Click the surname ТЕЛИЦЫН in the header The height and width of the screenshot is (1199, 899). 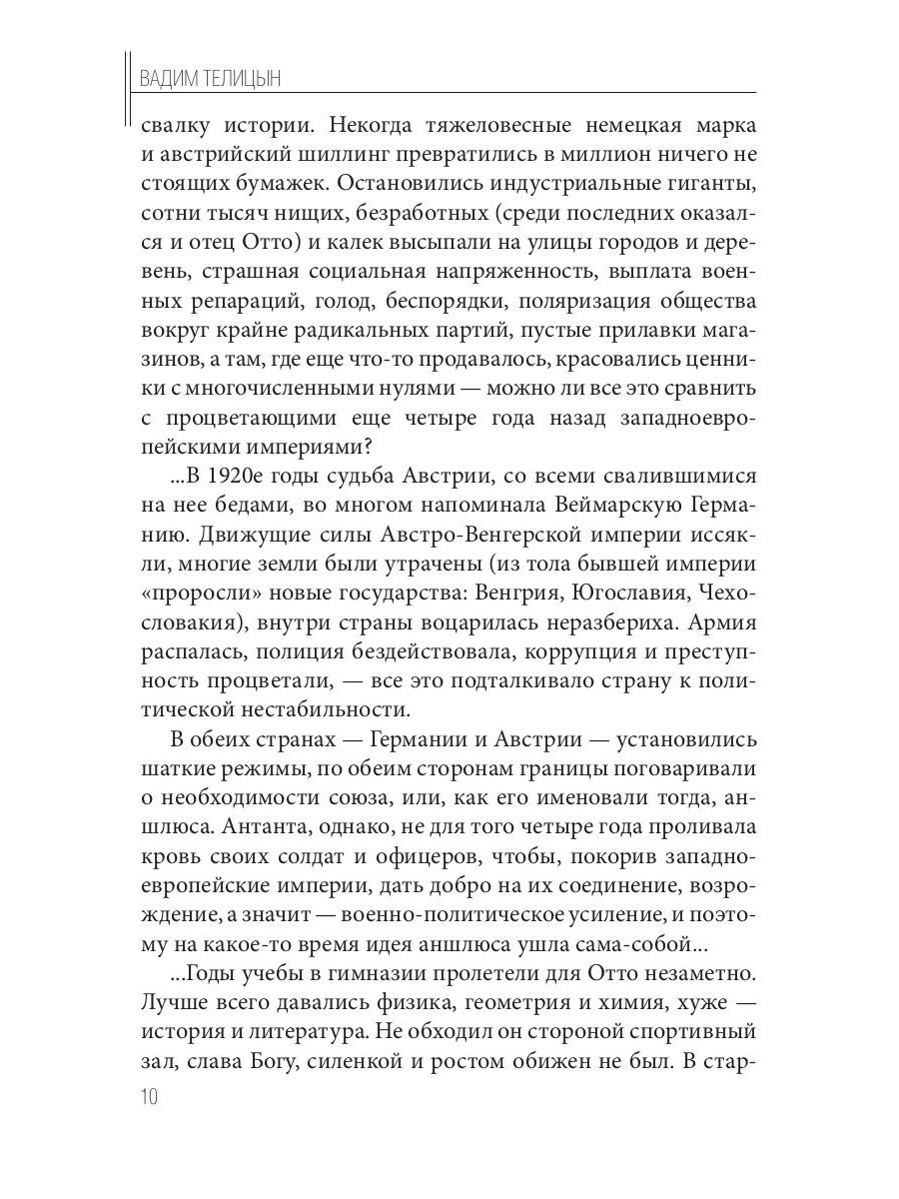[x=243, y=80]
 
